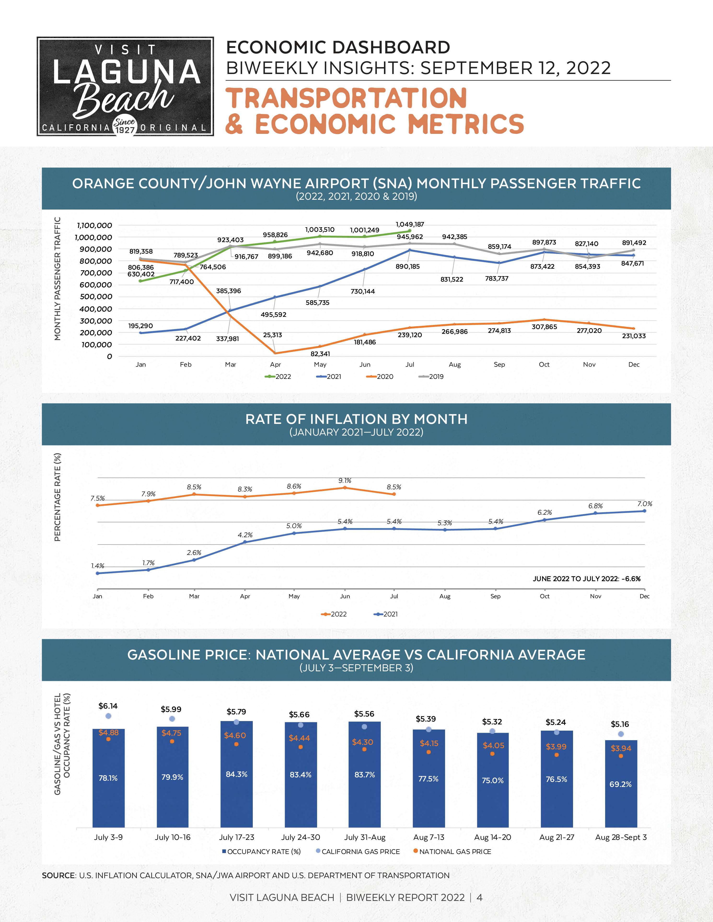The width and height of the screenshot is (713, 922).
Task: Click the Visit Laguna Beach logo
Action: (x=125, y=86)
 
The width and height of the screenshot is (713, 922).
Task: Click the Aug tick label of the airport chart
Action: (x=454, y=364)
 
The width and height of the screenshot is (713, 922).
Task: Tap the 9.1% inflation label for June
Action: (x=345, y=480)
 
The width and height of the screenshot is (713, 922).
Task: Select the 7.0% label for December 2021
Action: (x=644, y=504)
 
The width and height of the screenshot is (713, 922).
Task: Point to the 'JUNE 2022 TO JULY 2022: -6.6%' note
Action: (x=586, y=579)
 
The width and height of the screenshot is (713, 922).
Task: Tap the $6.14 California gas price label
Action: (x=108, y=706)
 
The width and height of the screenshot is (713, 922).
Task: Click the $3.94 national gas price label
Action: (x=620, y=748)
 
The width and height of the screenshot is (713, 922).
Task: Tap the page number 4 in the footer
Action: (x=479, y=898)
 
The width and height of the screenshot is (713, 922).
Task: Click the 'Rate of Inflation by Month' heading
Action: (x=356, y=419)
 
